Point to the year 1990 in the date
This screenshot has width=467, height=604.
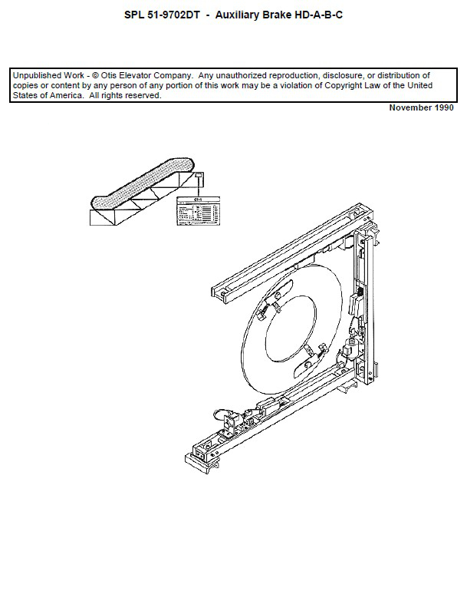(445, 108)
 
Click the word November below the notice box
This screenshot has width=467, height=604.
(409, 108)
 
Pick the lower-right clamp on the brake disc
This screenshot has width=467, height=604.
(311, 352)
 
